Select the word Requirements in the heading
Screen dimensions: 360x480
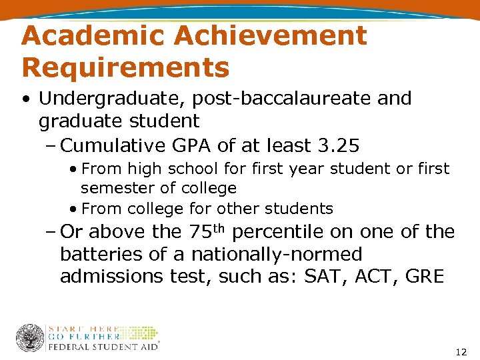point(125,67)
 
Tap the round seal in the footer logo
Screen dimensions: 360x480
point(30,338)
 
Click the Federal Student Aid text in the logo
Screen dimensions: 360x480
point(103,347)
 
